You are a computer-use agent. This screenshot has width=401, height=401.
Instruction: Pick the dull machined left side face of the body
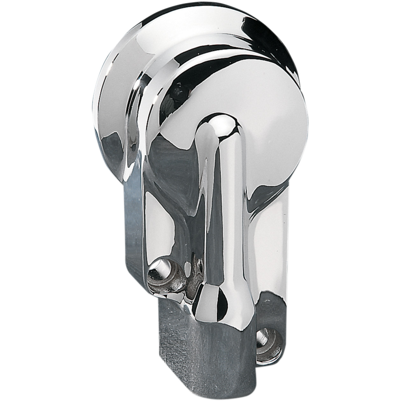(134, 229)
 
